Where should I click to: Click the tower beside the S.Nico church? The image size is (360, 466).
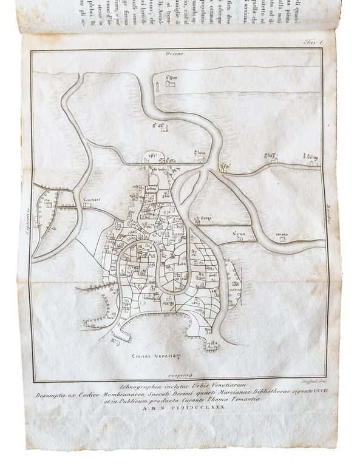tap(157, 84)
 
